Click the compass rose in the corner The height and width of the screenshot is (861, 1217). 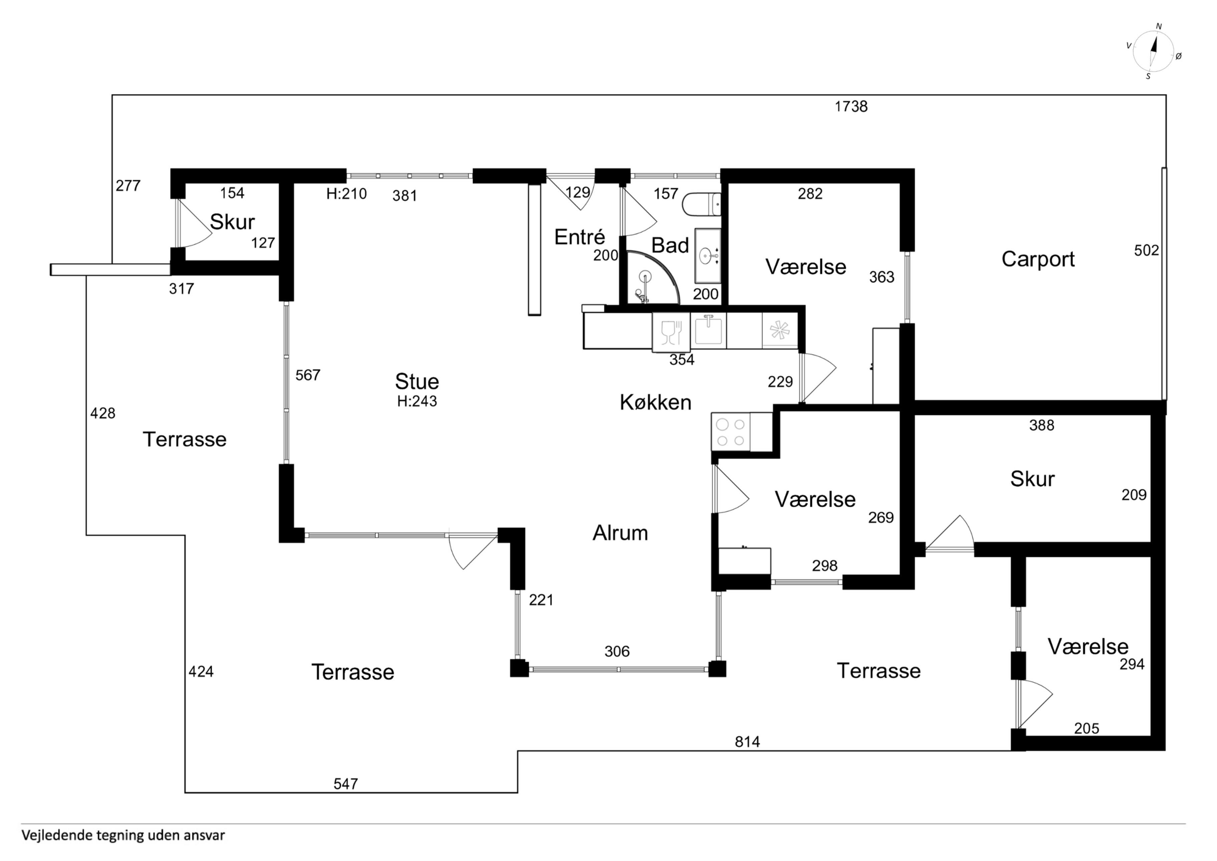click(x=1153, y=51)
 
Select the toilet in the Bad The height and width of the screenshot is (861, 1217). click(x=701, y=205)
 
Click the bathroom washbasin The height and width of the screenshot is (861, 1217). click(x=708, y=256)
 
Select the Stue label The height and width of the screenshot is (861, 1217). click(x=417, y=382)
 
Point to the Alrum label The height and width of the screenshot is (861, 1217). click(x=620, y=532)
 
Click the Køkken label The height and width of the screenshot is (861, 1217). click(x=656, y=403)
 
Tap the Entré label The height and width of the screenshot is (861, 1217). click(x=579, y=237)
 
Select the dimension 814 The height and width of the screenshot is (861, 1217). click(x=747, y=741)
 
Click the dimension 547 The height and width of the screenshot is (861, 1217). click(x=346, y=784)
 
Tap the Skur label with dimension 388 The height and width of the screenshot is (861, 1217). click(x=1032, y=479)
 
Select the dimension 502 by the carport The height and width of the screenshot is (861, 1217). click(x=1147, y=250)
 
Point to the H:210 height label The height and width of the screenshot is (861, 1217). click(x=347, y=194)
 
